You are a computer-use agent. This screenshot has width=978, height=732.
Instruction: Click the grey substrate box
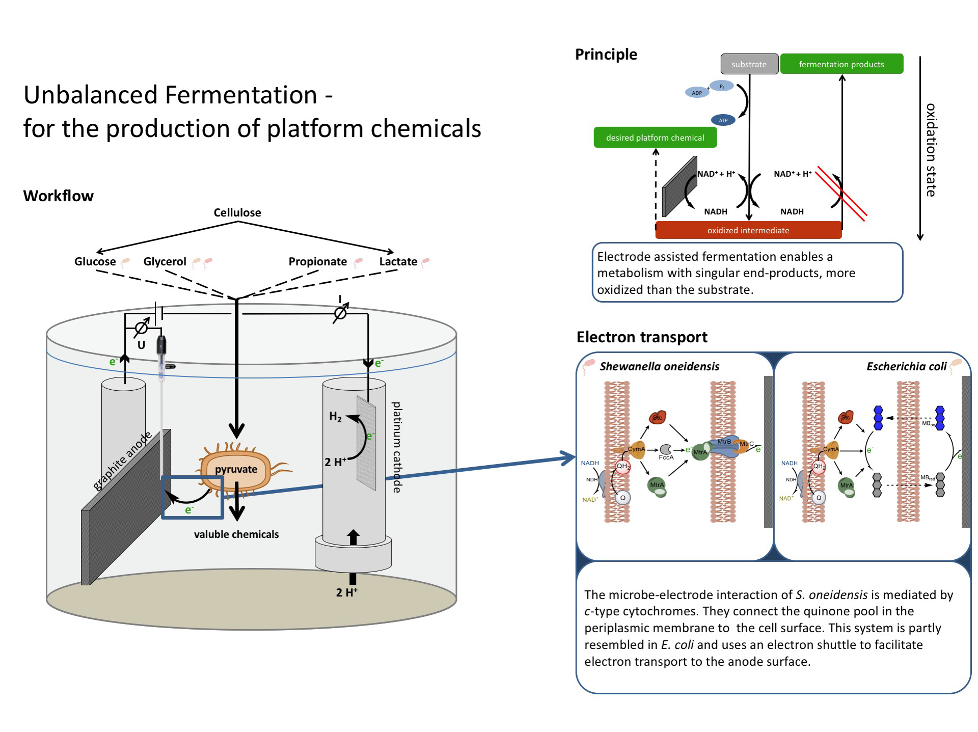pos(749,64)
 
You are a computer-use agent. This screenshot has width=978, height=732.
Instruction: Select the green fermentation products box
pos(841,64)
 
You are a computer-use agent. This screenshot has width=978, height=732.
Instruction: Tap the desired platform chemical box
pos(655,138)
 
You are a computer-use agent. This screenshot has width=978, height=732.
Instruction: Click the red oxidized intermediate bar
pos(748,230)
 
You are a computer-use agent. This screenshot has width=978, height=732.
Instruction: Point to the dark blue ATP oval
pos(723,120)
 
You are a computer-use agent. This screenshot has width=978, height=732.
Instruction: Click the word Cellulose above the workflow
pos(237,212)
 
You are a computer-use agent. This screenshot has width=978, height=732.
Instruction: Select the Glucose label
pos(95,261)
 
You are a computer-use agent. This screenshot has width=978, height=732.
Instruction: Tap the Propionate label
pos(317,261)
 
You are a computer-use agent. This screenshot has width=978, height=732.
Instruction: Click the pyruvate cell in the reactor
pos(235,469)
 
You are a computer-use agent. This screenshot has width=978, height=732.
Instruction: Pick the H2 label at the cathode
pos(335,417)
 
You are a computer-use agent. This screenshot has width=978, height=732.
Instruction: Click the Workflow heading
pos(59,196)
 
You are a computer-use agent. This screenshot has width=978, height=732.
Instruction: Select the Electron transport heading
pos(642,337)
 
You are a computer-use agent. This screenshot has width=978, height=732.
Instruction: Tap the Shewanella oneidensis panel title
pos(659,366)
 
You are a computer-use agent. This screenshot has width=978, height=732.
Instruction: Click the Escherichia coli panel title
pos(906,366)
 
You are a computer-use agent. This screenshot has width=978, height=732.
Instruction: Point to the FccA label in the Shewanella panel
pos(666,457)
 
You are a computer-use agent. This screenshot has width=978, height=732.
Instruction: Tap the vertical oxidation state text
pos(931,150)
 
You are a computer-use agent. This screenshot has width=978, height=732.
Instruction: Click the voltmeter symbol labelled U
pos(141,329)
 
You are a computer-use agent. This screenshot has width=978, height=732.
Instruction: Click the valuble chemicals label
pos(236,534)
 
